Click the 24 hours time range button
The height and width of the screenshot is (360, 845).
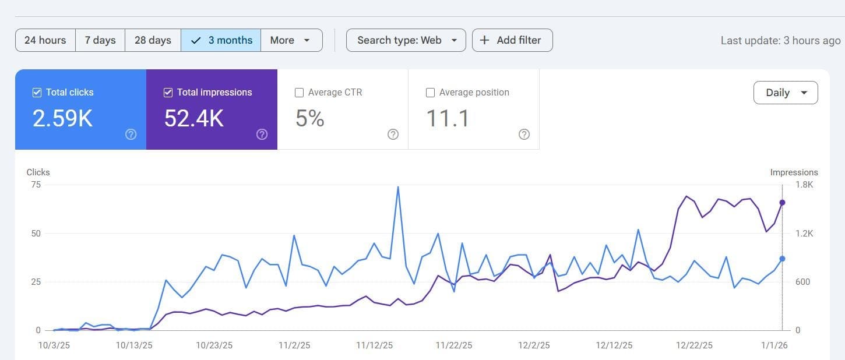point(45,40)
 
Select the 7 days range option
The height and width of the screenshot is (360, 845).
point(100,40)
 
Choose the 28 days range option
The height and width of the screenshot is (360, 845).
point(153,40)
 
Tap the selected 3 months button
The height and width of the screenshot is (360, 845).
point(221,40)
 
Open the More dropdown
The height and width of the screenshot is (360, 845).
point(291,40)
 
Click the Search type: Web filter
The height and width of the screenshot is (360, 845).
point(406,40)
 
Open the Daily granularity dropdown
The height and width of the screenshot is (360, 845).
point(785,93)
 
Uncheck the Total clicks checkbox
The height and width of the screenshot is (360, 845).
point(37,93)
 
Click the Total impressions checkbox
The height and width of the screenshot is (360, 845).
point(168,93)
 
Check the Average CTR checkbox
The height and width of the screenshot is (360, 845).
point(300,93)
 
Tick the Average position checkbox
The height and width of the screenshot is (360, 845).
point(431,93)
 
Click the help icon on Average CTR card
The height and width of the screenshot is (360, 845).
point(393,135)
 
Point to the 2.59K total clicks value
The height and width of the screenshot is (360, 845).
point(62,118)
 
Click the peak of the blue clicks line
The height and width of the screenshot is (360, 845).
point(397,187)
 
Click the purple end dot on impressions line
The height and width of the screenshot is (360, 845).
point(782,203)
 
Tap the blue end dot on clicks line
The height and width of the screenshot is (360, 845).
point(782,259)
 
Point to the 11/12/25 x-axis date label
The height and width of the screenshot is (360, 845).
point(374,345)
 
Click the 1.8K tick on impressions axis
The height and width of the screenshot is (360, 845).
point(804,185)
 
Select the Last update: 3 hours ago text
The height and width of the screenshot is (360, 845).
point(780,40)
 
